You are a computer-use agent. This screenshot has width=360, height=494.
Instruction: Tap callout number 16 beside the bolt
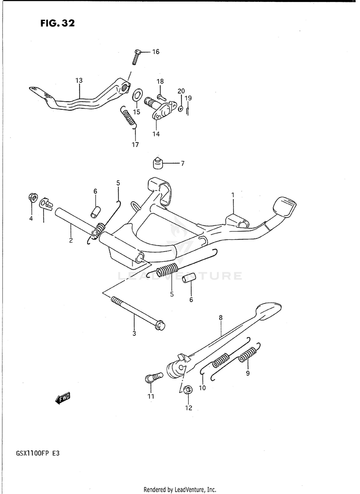[x=156, y=52]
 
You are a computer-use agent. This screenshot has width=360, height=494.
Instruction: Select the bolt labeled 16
[x=136, y=57]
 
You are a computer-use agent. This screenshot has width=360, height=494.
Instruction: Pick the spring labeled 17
[x=129, y=118]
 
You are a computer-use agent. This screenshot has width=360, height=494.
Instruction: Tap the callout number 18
[x=160, y=82]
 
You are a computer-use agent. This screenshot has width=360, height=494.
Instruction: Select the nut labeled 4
[x=33, y=198]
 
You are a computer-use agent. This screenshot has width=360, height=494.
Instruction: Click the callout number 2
[x=71, y=240]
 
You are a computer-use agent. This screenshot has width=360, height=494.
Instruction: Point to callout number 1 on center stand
[x=233, y=195]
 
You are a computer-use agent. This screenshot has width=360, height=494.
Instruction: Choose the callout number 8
[x=220, y=317]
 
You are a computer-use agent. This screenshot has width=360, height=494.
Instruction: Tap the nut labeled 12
[x=188, y=389]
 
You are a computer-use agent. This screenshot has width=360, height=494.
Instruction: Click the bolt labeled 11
[x=150, y=379]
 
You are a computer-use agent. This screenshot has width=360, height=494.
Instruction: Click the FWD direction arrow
[x=63, y=398]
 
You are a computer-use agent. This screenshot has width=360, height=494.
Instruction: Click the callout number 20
[x=181, y=91]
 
